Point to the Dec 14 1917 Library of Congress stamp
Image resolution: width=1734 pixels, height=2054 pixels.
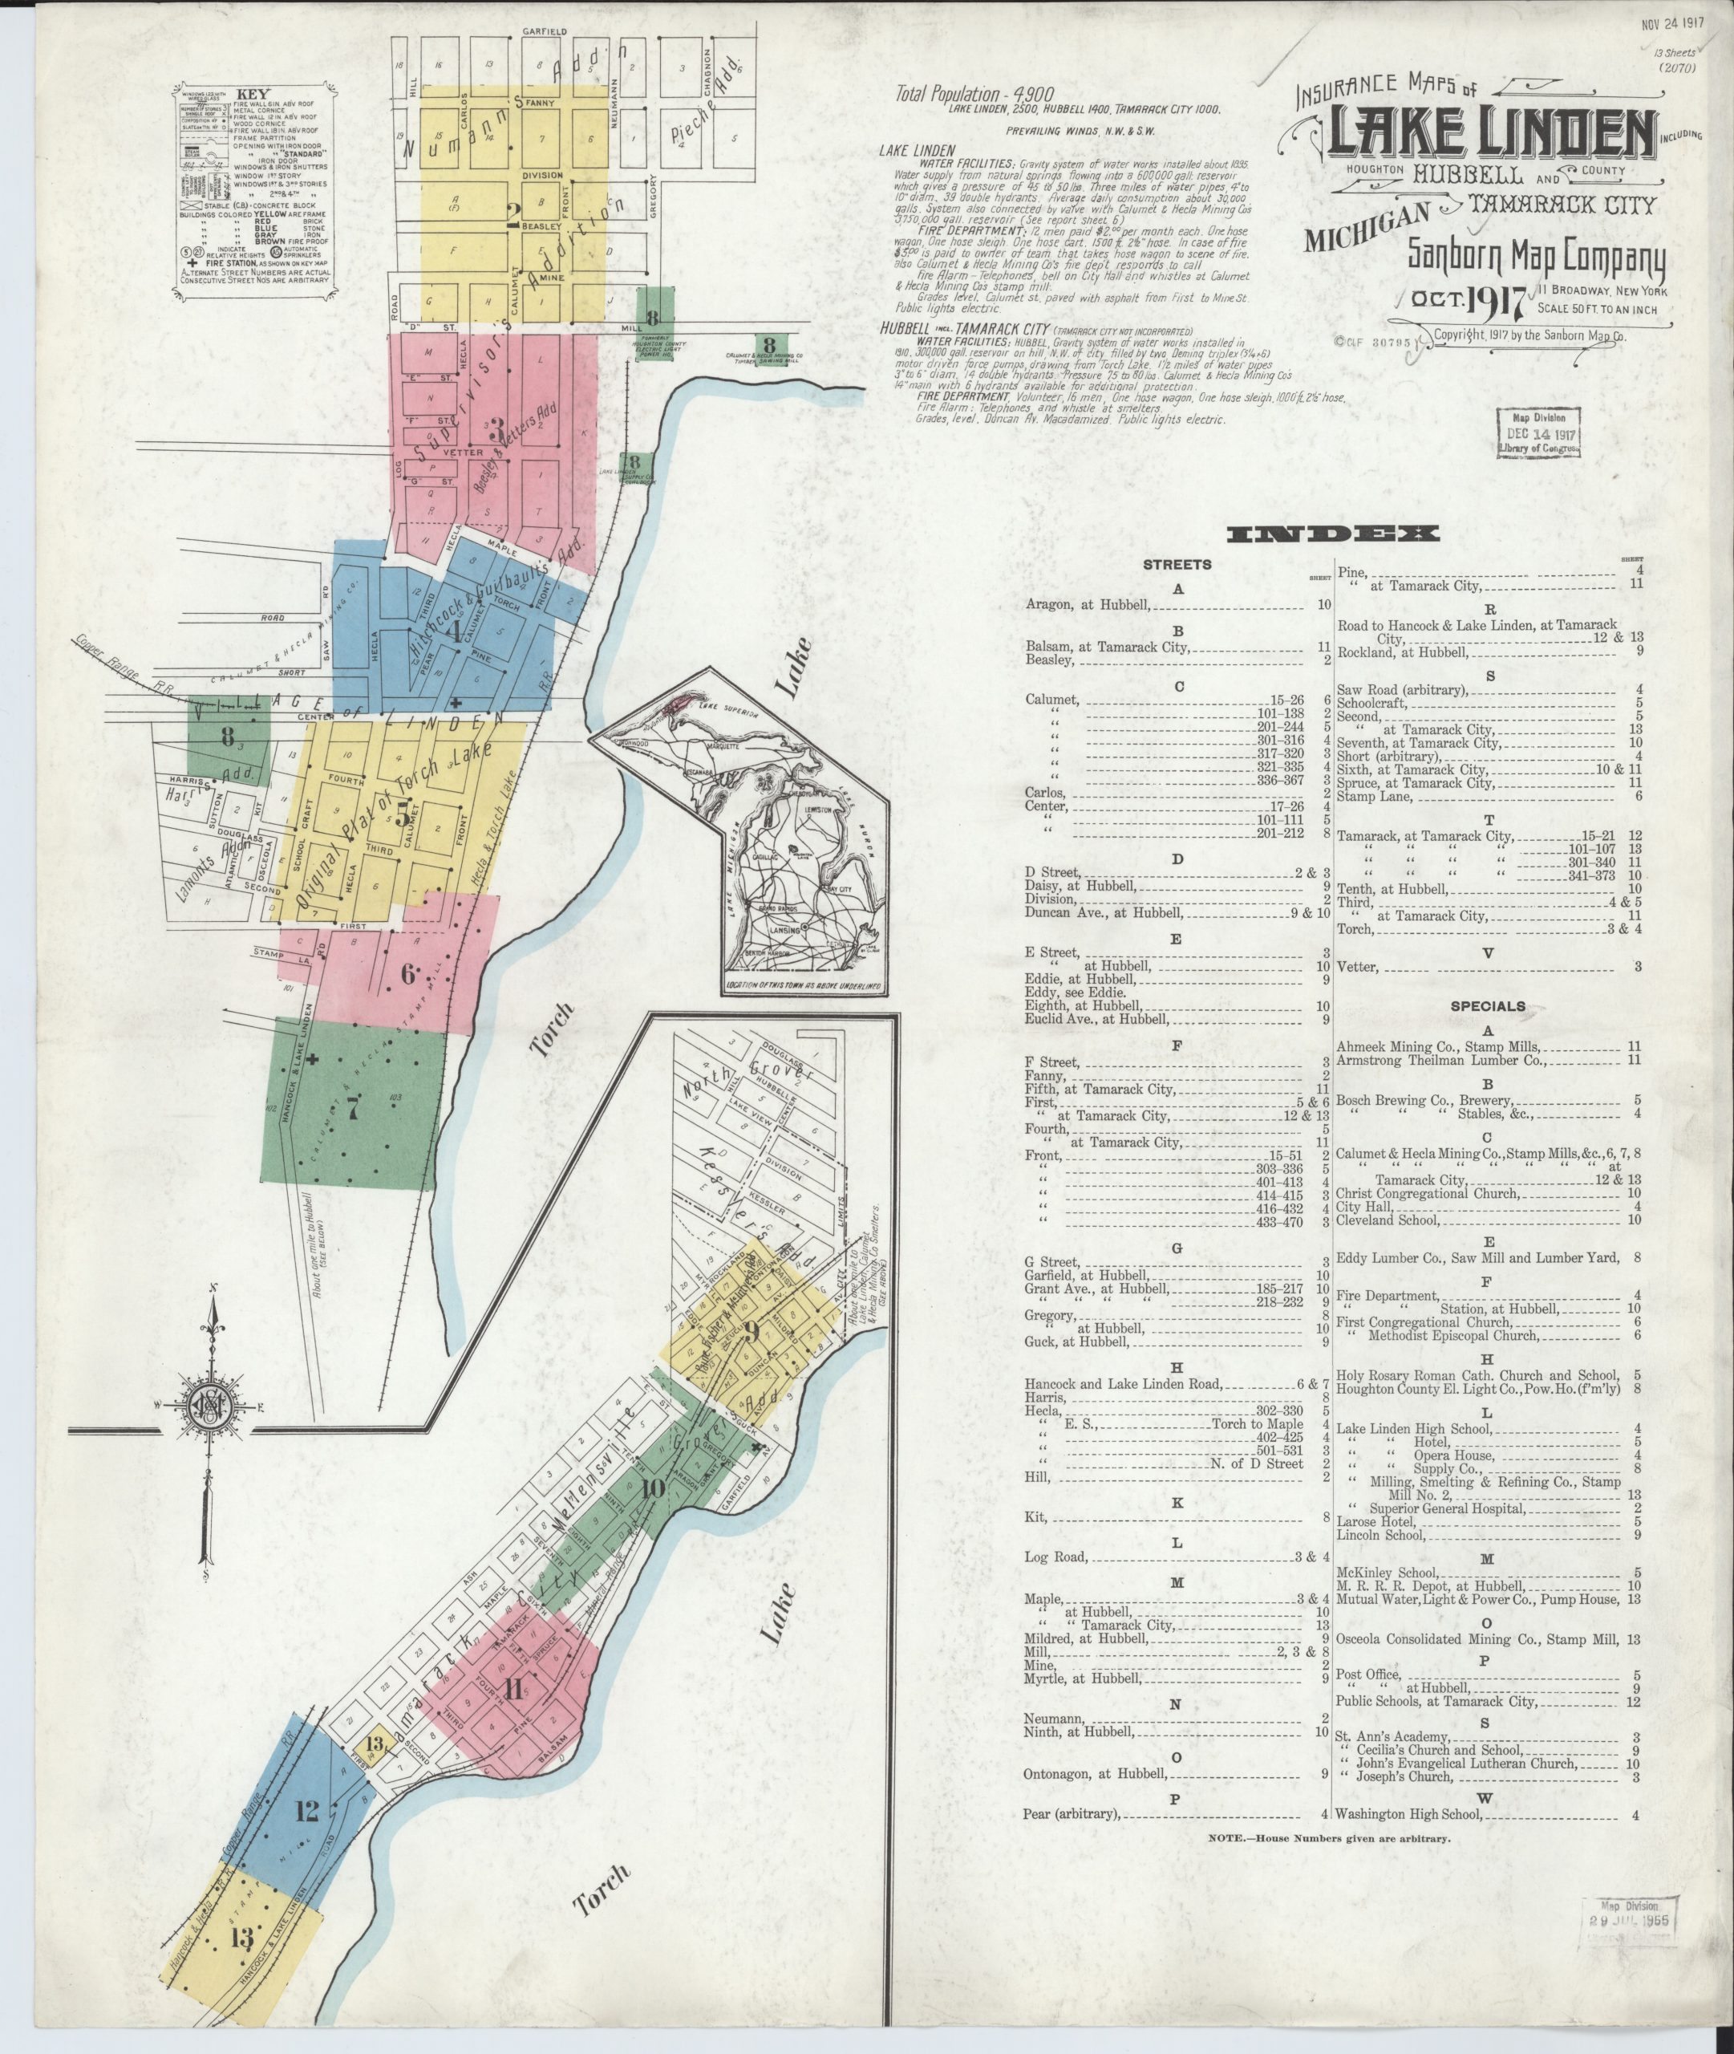[1538, 432]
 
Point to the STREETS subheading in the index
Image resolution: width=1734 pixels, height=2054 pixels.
[1177, 566]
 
